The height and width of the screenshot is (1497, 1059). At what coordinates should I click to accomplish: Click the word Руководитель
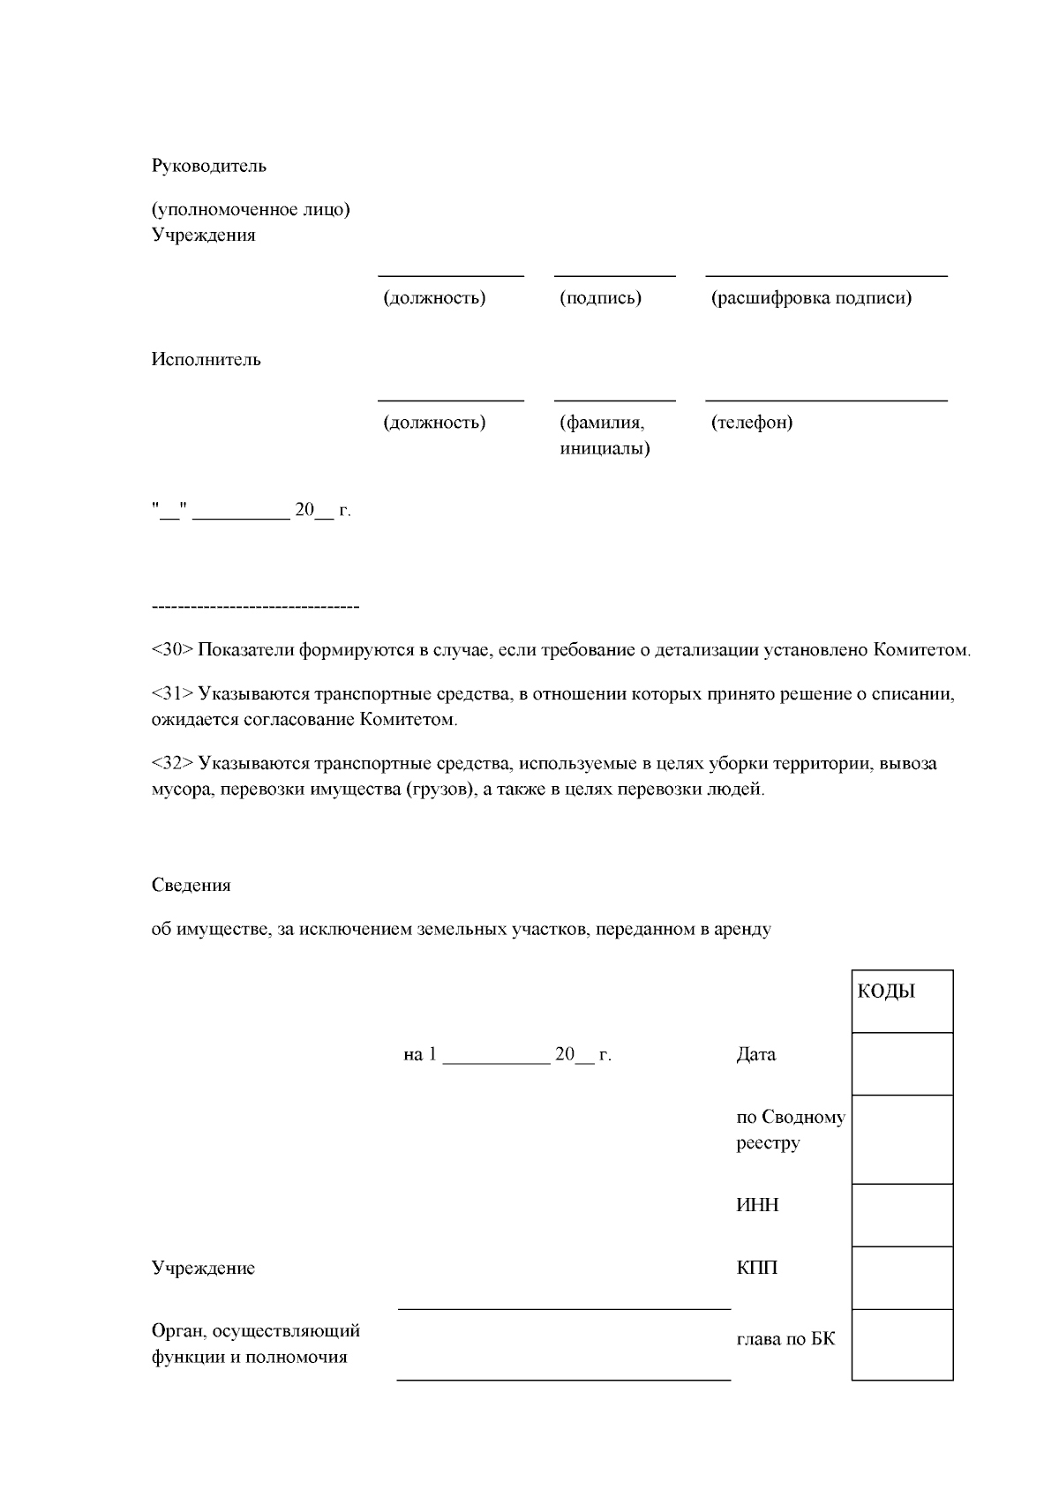tap(208, 166)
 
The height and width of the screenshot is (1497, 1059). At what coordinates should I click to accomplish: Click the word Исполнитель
tap(206, 360)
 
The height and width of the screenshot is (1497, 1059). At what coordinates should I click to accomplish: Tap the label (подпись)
tap(600, 298)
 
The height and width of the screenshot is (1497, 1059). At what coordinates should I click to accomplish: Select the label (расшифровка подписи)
tap(811, 298)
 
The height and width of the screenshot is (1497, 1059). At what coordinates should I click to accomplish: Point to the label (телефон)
tap(751, 423)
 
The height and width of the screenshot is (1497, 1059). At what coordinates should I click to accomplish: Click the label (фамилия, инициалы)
tap(605, 436)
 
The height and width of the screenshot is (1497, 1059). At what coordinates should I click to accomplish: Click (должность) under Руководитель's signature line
tap(433, 298)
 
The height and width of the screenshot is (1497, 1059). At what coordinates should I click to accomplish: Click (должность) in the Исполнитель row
tap(433, 423)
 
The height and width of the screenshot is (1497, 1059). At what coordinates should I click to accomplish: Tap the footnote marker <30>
tap(172, 650)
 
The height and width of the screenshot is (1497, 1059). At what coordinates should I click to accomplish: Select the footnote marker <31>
tap(172, 693)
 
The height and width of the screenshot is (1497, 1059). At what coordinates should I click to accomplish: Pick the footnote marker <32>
tap(172, 763)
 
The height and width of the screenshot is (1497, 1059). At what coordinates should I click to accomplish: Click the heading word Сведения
tap(191, 886)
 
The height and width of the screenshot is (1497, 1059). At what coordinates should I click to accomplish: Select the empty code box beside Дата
tap(902, 1063)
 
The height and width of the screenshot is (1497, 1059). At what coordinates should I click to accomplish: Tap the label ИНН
tap(757, 1206)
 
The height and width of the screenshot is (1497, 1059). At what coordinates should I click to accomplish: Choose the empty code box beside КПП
tap(902, 1276)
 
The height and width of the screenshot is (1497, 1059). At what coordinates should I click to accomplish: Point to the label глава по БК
tap(785, 1339)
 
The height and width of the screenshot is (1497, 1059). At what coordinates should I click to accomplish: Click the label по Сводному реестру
tap(790, 1130)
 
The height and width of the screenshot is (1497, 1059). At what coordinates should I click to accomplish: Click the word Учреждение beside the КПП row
tap(203, 1269)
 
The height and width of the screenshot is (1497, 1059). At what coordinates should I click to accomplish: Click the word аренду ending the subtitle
tap(747, 929)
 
